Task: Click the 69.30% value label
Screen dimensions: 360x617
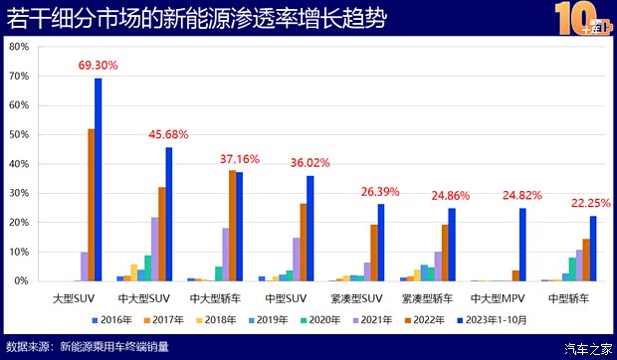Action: click(98, 66)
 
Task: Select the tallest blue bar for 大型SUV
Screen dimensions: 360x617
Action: click(99, 179)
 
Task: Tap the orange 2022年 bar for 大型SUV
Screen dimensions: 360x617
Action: click(91, 205)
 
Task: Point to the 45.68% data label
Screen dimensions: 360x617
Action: click(168, 135)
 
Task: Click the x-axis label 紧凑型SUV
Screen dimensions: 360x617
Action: click(355, 297)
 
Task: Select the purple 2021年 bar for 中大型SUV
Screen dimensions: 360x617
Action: click(154, 249)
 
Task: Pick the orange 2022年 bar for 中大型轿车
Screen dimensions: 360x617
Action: click(232, 226)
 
